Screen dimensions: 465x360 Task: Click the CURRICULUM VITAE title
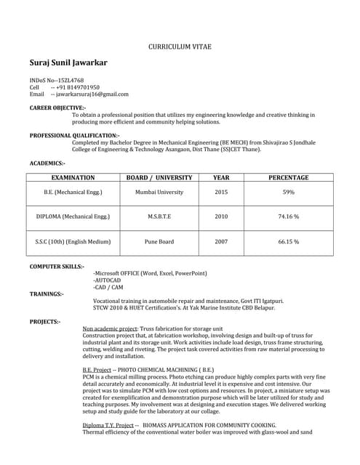click(x=180, y=46)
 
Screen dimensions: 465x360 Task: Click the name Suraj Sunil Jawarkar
click(x=68, y=63)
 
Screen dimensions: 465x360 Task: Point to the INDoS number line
click(x=56, y=80)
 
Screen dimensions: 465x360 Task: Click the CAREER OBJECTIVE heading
click(x=57, y=108)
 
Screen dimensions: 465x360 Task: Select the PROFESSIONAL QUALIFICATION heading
click(x=74, y=135)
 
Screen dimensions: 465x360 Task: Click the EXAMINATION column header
click(x=73, y=177)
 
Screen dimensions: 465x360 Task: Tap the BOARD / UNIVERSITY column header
click(x=159, y=177)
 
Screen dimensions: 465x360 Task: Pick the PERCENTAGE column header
click(x=289, y=177)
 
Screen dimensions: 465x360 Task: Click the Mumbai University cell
click(x=159, y=193)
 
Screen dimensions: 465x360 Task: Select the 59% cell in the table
click(x=289, y=193)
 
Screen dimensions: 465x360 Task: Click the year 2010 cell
click(x=221, y=217)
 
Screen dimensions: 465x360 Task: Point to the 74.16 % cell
click(x=289, y=217)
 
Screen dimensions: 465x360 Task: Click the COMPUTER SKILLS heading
click(x=57, y=267)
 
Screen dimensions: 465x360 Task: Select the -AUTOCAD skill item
click(x=107, y=280)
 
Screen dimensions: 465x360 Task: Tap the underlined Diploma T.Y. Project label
click(x=108, y=425)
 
